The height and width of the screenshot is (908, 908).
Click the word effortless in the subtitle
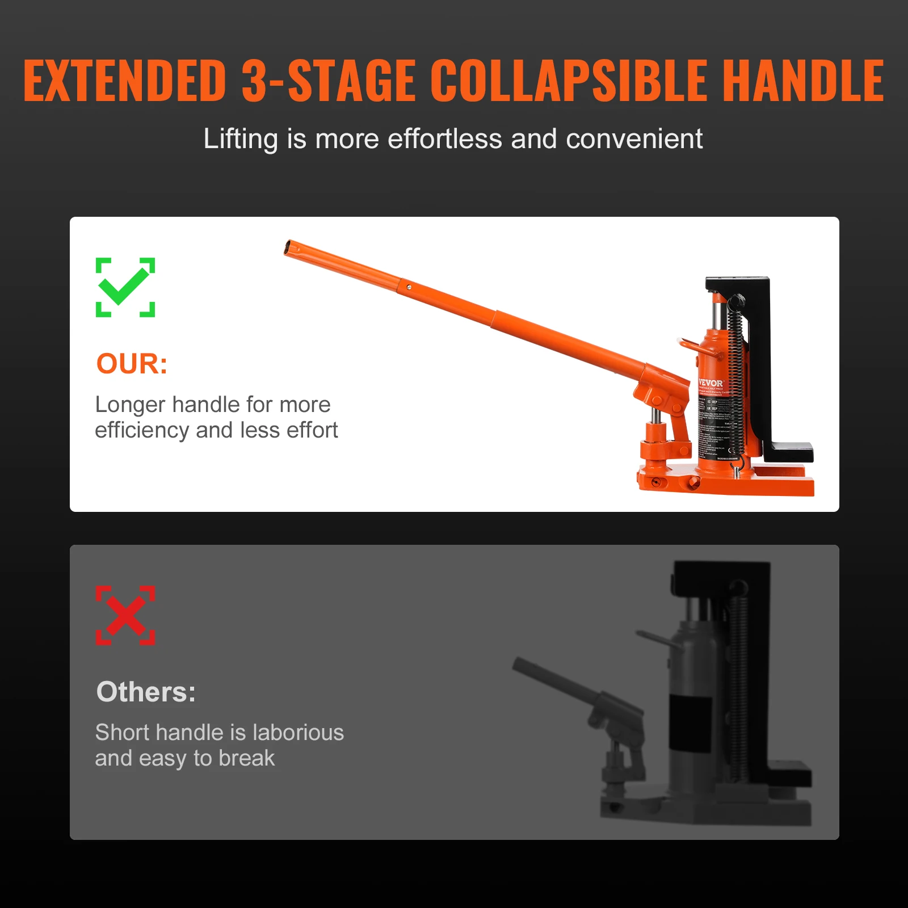pos(445,139)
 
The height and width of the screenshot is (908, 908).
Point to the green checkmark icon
pos(125,287)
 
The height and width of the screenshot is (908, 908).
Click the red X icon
pos(125,615)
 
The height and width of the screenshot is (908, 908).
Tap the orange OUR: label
pos(132,364)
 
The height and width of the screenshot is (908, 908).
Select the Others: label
pos(146,692)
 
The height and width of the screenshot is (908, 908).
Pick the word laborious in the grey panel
pos(298,733)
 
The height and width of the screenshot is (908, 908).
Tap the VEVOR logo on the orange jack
pos(711,383)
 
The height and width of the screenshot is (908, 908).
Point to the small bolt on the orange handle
pos(409,287)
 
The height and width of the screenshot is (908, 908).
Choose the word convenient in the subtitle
pos(634,139)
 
